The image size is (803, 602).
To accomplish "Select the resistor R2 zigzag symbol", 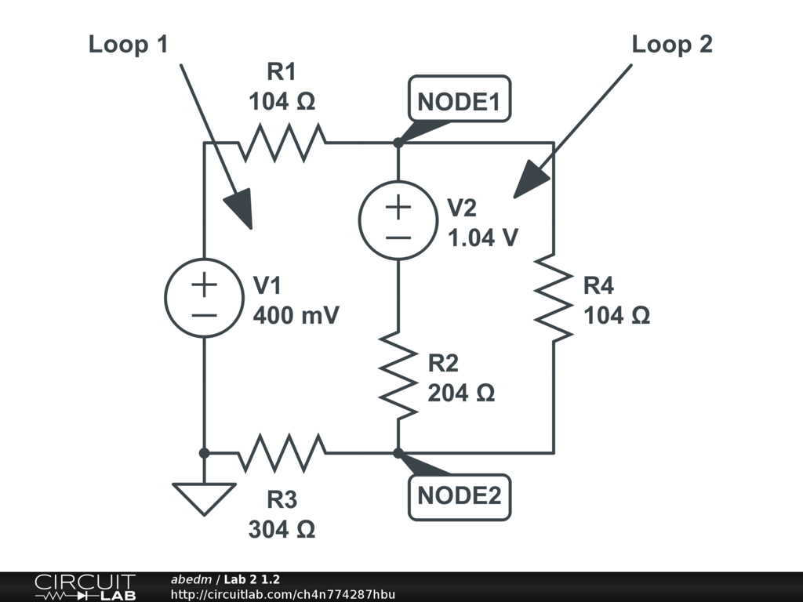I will [x=398, y=376].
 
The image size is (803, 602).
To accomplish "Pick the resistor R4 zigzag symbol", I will [x=554, y=297].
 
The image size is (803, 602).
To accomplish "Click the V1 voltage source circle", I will [x=203, y=298].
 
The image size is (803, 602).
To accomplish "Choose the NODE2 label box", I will [x=459, y=496].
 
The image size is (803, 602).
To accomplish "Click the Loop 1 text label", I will [x=128, y=45].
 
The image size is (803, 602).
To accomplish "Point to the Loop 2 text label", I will [x=672, y=45].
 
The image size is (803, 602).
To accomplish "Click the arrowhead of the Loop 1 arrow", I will [x=241, y=209].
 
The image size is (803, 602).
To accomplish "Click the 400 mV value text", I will [x=296, y=315].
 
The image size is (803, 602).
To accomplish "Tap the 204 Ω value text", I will [x=461, y=393].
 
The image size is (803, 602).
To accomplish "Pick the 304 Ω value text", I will [x=282, y=529].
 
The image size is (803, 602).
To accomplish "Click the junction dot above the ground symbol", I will [x=203, y=452].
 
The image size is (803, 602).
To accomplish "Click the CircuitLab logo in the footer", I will [x=85, y=587].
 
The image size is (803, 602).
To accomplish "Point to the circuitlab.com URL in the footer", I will [x=283, y=594].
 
